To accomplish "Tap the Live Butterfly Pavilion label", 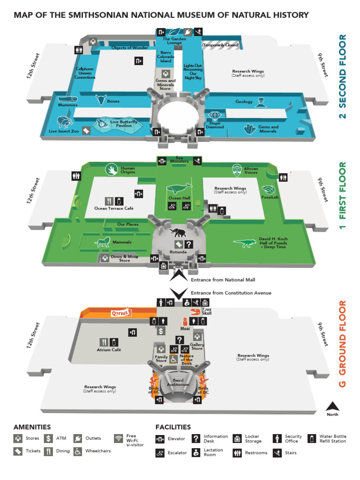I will click(120, 124).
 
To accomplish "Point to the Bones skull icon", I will click(100, 99).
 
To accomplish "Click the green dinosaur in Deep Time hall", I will click(245, 243).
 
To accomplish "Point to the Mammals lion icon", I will click(102, 242).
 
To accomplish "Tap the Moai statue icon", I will click(185, 322).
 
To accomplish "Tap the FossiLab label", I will click(270, 197).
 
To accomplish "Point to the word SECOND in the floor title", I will click(343, 90).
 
